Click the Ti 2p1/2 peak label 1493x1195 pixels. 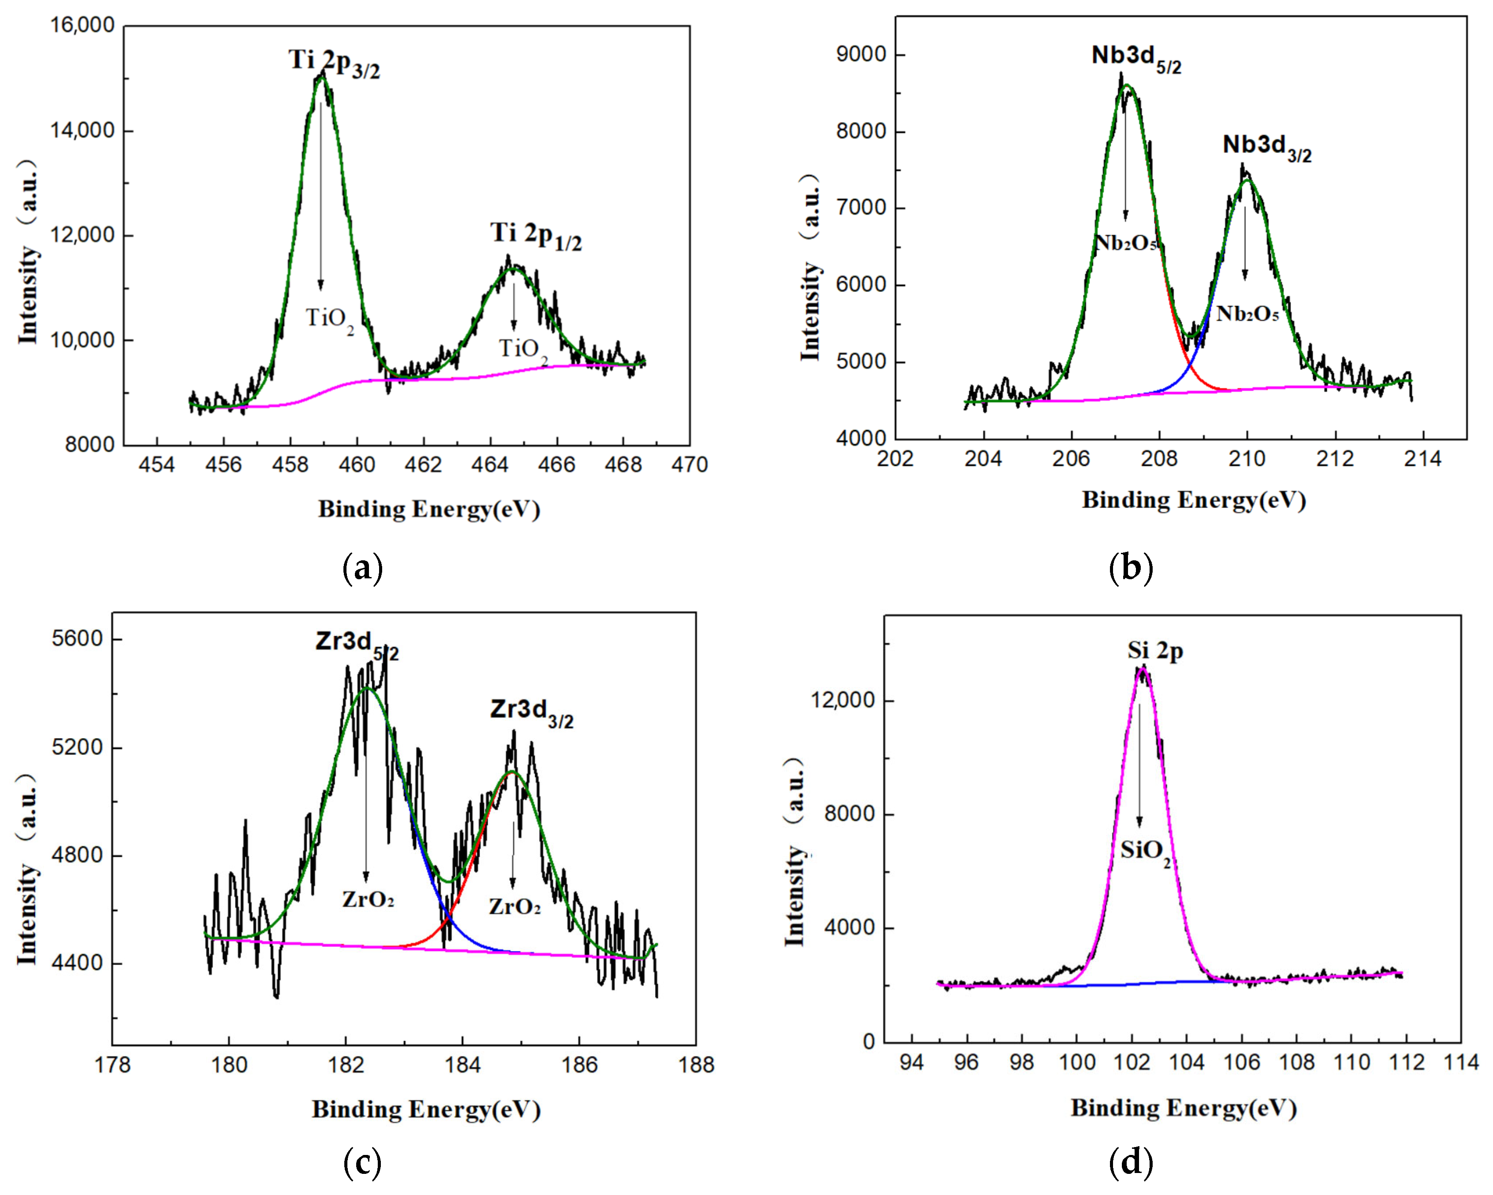click(535, 236)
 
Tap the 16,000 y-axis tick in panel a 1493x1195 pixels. click(82, 26)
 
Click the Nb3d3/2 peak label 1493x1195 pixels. click(1267, 147)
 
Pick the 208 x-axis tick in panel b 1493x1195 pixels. click(1159, 458)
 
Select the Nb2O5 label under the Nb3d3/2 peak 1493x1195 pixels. click(1247, 314)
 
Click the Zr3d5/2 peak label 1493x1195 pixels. click(357, 644)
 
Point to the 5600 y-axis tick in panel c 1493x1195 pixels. click(77, 638)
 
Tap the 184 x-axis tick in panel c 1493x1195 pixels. click(462, 1064)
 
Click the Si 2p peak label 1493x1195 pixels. click(1155, 651)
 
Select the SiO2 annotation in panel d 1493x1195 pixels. click(1145, 851)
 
